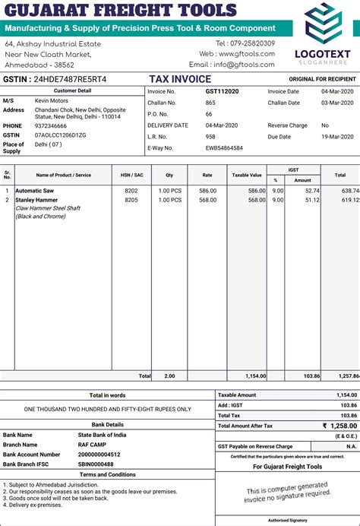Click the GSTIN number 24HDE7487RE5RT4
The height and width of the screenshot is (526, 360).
coord(71,79)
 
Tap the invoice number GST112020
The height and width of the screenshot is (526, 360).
coord(222,91)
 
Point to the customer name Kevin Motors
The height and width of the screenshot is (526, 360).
coord(52,100)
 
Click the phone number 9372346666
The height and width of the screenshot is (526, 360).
coord(51,125)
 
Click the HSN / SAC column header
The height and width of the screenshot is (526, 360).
coord(131,175)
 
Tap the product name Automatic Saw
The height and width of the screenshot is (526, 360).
coord(34,190)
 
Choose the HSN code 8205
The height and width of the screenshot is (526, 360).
coord(131,200)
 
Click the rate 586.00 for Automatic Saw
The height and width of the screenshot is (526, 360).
coord(207,190)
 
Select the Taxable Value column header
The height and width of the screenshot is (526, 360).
coord(247,175)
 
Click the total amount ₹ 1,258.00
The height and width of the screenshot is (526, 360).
coord(339,426)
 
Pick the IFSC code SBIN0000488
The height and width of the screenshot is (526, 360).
coord(96,464)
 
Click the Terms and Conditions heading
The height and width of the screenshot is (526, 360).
coord(107,474)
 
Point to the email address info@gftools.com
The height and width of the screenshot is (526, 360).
coord(244,65)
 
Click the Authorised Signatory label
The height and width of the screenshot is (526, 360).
coord(287,520)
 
